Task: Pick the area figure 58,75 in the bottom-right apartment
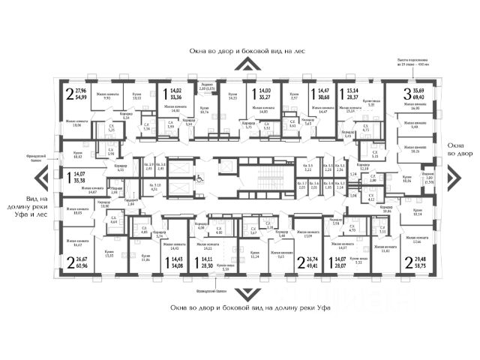coord(411,265)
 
